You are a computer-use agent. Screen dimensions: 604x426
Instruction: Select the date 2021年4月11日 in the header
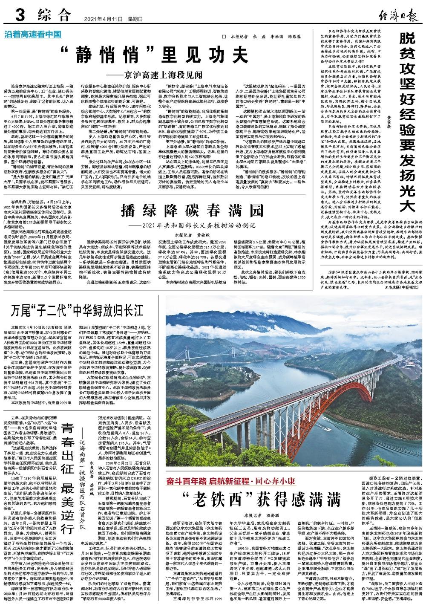[x=101, y=19]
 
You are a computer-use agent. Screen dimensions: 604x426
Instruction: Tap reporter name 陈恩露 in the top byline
[x=299, y=37]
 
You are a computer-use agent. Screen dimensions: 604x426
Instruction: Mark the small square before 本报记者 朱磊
[x=223, y=37]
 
